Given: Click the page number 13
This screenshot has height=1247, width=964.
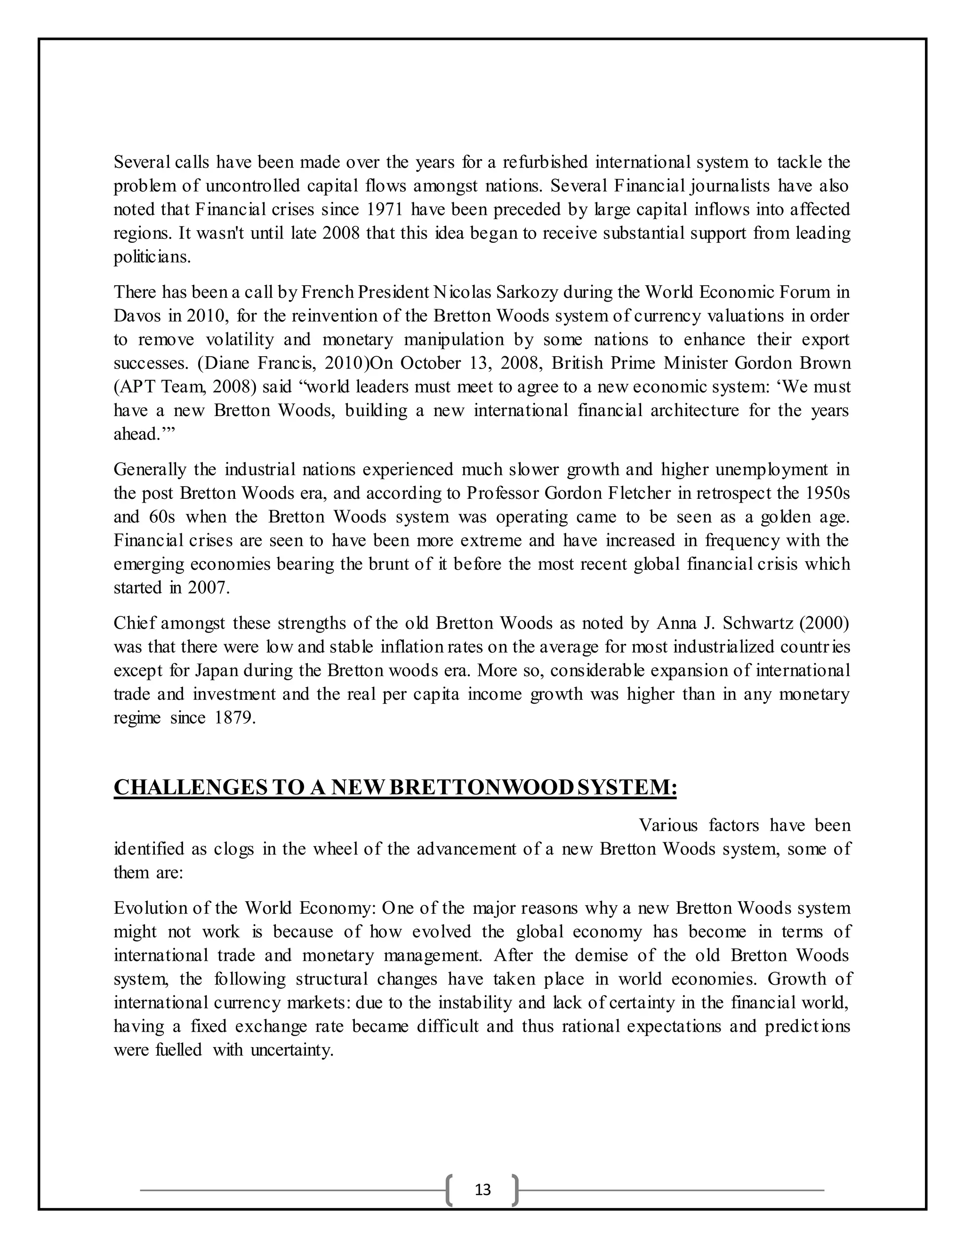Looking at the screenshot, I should [x=482, y=1189].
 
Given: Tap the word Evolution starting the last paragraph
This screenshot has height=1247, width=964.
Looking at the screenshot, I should [x=147, y=908].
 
